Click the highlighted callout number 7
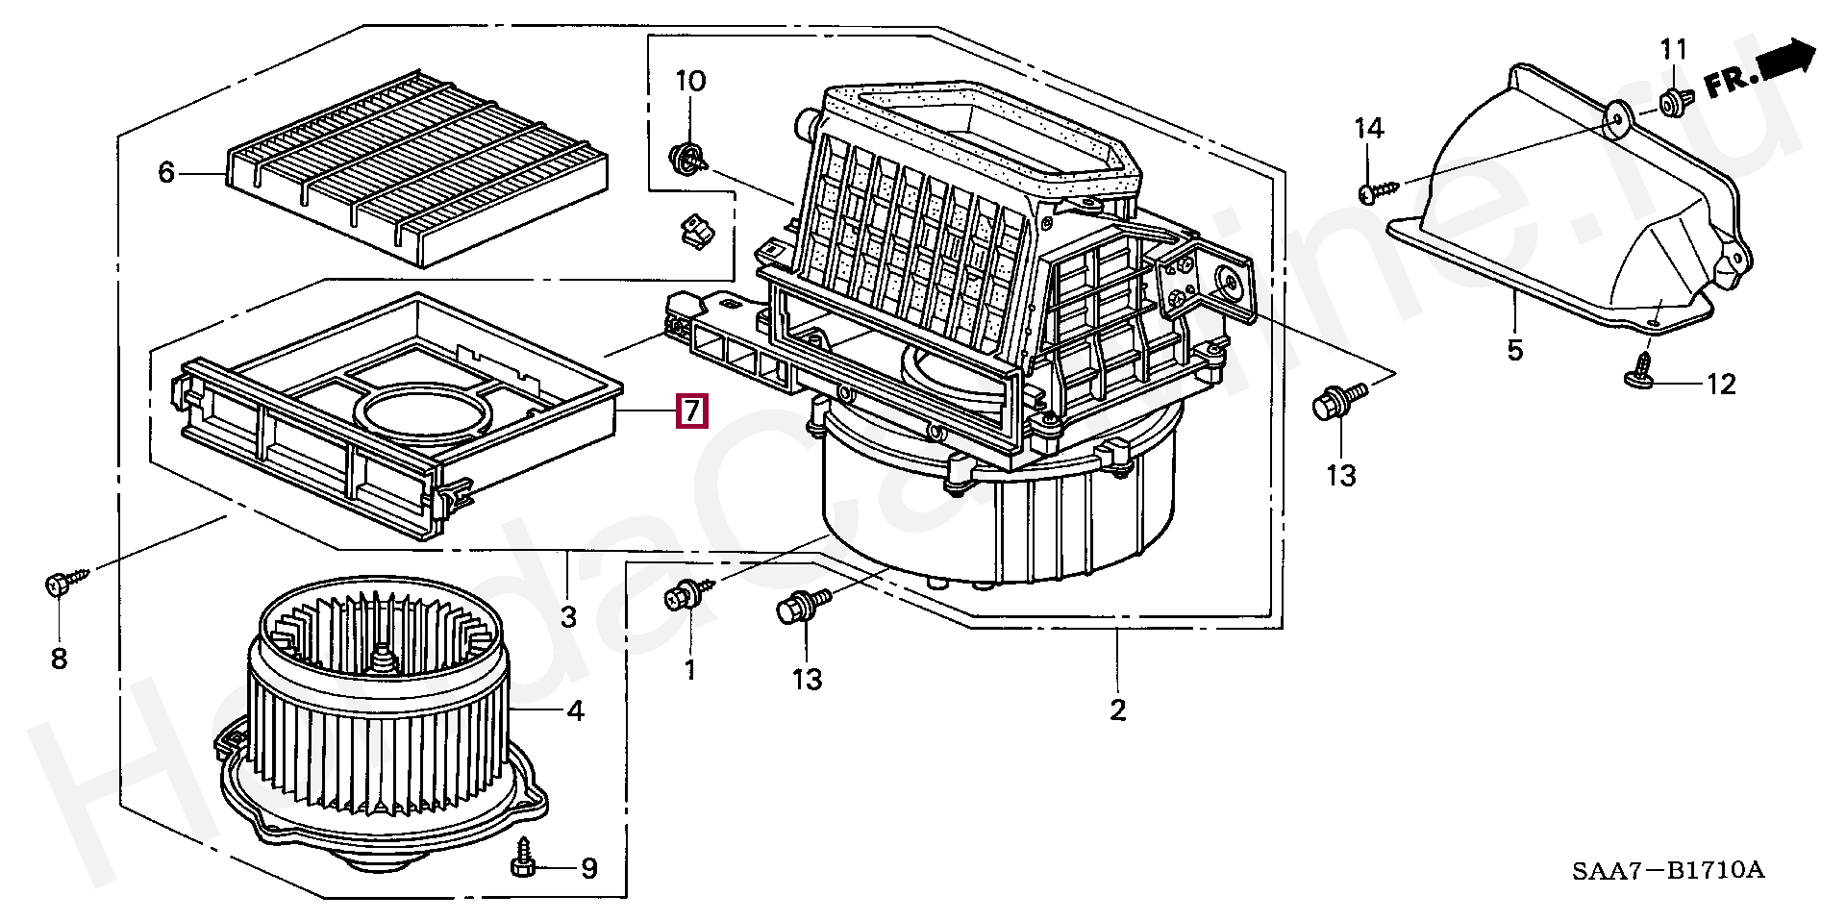(x=692, y=411)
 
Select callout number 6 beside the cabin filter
(x=166, y=173)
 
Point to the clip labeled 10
(x=687, y=158)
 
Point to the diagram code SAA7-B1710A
(x=1668, y=871)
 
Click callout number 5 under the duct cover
(x=1515, y=350)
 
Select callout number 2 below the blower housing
(x=1117, y=710)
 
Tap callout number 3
(x=568, y=616)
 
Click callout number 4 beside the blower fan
(x=575, y=711)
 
